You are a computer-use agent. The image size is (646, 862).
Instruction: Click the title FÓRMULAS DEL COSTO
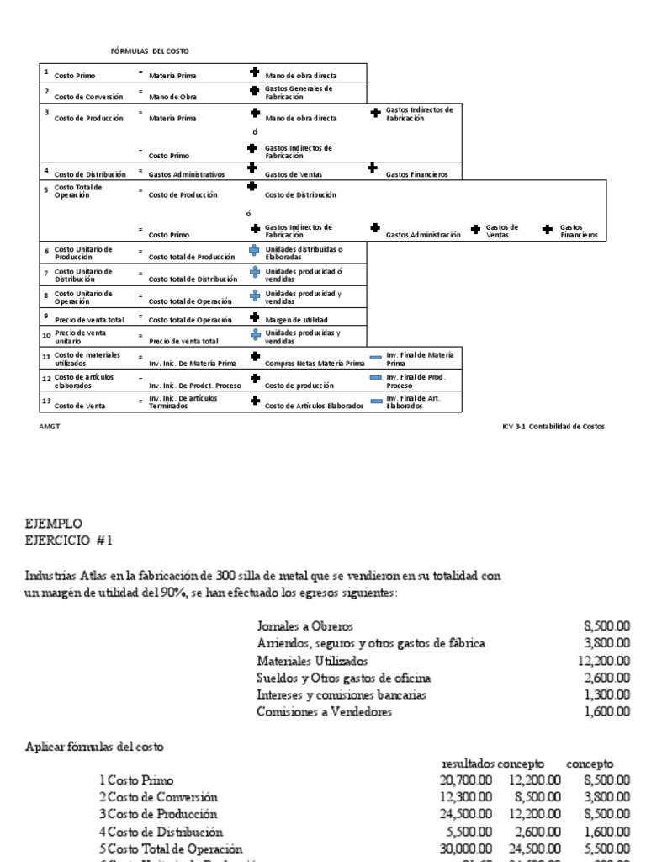(x=144, y=51)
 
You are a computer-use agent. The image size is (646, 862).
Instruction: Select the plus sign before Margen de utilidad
(x=254, y=317)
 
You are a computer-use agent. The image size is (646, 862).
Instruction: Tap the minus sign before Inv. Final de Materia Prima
(x=375, y=357)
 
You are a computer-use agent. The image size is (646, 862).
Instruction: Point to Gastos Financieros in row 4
(x=416, y=174)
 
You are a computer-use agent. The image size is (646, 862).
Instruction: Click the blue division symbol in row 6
(x=254, y=250)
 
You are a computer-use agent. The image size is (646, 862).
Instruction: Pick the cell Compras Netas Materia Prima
(x=315, y=364)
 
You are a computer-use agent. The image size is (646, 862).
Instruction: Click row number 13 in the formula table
(x=47, y=402)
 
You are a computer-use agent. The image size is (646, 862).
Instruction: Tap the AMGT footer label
(x=50, y=426)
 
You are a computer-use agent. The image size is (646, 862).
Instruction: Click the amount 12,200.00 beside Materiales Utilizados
(x=604, y=661)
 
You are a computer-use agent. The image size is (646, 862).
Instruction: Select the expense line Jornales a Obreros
(x=304, y=626)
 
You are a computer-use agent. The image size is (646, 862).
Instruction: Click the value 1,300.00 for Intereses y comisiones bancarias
(x=606, y=694)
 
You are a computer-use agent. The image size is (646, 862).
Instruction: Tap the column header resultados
(x=468, y=763)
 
